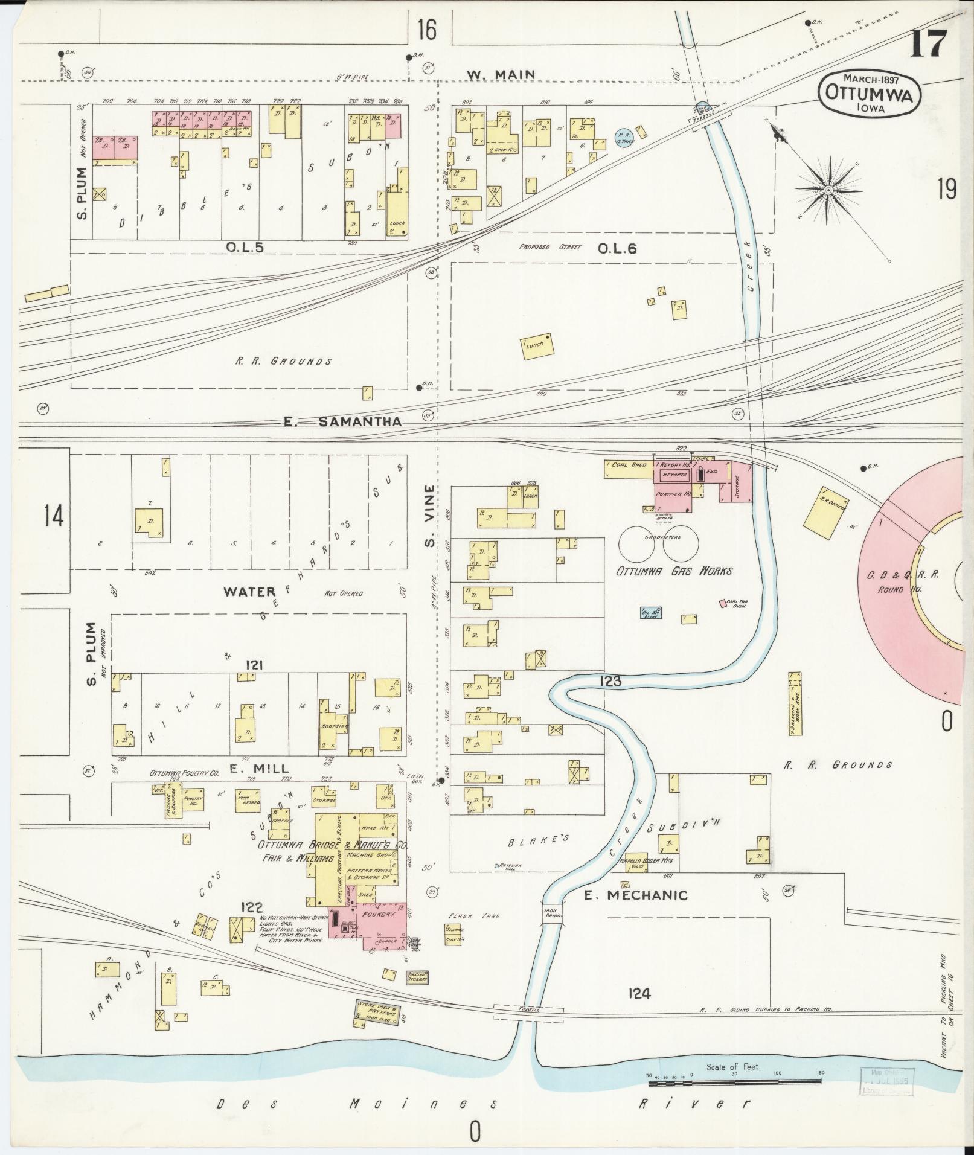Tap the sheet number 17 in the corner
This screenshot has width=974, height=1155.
tap(929, 43)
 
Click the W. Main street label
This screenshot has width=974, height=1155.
tap(501, 75)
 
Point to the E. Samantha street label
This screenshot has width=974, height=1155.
tap(342, 422)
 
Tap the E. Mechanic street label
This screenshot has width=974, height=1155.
tap(635, 895)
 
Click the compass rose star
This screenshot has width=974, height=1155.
tap(828, 190)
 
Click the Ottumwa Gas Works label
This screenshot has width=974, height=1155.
tap(674, 571)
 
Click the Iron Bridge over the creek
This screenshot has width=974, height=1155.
tap(553, 912)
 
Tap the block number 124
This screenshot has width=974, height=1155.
tap(639, 991)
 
